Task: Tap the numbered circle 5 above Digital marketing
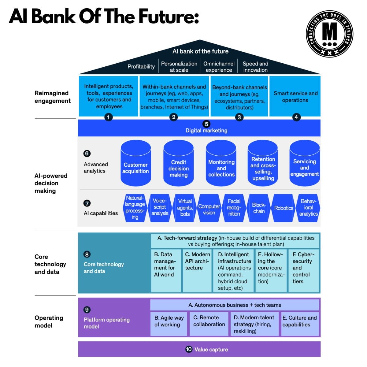coord(206,124)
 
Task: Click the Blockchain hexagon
coord(259,208)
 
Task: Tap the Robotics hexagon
coord(284,208)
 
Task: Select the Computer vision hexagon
coord(209,208)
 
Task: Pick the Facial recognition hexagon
coord(234,208)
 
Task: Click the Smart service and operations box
coord(295,96)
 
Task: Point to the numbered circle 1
coord(108,117)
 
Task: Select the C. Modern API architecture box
coord(197,271)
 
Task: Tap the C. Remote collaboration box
coord(209,324)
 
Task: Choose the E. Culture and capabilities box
coord(300,324)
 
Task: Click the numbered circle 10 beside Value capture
coord(189,349)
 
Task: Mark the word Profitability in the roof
coord(141,66)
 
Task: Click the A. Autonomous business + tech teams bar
coord(235,305)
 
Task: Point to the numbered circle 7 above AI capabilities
coord(87,203)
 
